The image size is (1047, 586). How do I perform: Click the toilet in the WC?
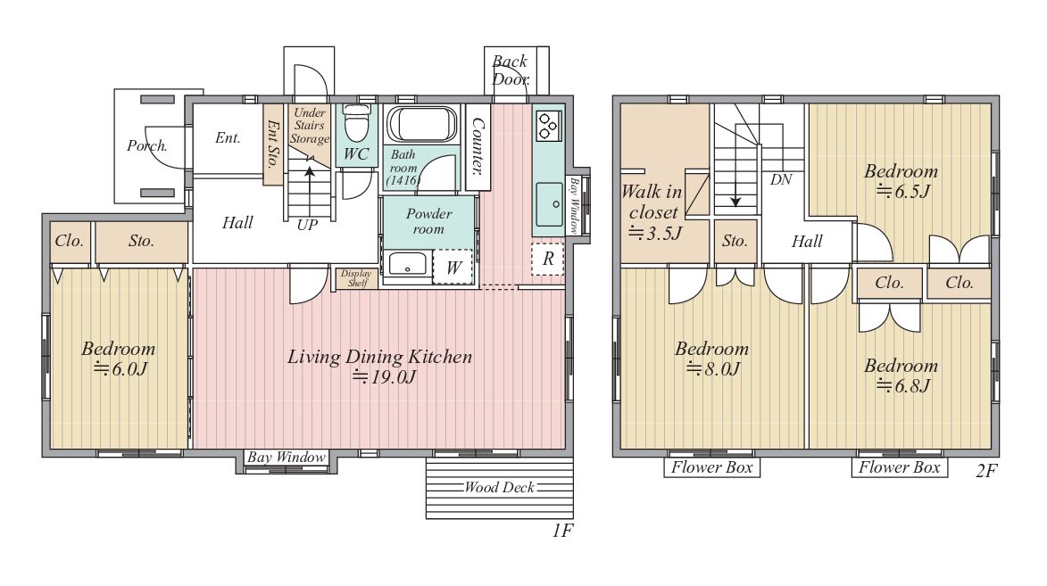click(356, 123)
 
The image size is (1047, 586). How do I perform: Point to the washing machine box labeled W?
click(453, 267)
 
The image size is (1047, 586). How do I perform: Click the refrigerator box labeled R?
click(547, 259)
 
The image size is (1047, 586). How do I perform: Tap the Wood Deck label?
click(500, 487)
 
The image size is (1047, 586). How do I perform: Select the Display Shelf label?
click(356, 278)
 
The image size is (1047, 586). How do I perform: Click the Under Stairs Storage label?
click(309, 126)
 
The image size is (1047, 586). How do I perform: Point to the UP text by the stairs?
click(307, 225)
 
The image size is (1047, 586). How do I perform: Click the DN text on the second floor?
click(781, 179)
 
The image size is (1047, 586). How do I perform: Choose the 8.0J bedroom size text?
click(713, 369)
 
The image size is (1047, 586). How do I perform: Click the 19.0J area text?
click(384, 377)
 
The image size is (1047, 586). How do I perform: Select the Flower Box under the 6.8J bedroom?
click(899, 467)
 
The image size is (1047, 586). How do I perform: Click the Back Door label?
click(511, 70)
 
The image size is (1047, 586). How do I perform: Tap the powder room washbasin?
click(407, 263)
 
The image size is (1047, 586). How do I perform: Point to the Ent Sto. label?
click(272, 144)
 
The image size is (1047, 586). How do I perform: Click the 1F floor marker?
click(563, 531)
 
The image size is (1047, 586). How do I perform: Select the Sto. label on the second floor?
click(735, 241)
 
